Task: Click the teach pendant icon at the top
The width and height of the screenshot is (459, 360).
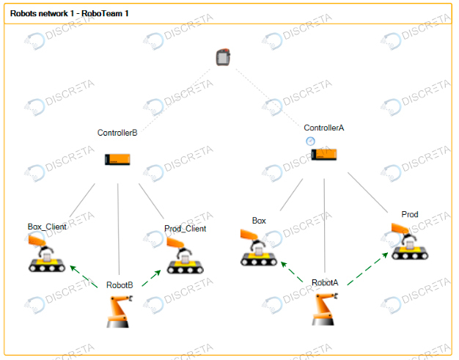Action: tap(224, 56)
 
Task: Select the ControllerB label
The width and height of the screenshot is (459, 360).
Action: tap(117, 133)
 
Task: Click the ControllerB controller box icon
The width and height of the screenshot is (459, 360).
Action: tap(117, 158)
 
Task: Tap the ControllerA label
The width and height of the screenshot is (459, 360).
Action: tap(324, 128)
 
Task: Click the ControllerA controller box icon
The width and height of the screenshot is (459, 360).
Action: tap(324, 154)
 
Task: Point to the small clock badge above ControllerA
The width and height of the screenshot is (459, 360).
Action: tap(310, 140)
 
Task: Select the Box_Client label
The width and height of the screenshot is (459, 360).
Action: tap(47, 227)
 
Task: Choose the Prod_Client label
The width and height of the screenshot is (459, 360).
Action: tap(185, 228)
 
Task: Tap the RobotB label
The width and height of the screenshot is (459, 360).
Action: tap(120, 284)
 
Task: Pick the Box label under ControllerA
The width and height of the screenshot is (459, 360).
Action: tap(259, 220)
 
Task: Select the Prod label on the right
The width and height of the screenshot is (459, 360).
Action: tap(410, 214)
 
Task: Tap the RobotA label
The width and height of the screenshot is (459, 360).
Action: tap(325, 282)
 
